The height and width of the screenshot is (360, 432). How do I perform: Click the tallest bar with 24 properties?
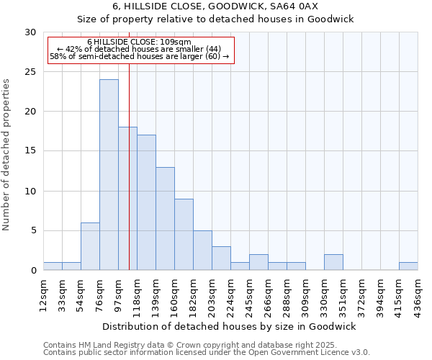109,175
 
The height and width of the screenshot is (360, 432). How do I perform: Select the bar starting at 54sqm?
90,246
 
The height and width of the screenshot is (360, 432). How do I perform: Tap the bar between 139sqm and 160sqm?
165,219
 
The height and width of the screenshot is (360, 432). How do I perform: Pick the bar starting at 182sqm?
202,251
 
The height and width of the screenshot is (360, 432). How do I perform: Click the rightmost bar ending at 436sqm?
408,266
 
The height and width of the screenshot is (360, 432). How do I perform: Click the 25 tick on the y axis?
31,72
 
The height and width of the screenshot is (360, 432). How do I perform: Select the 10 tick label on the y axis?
31,192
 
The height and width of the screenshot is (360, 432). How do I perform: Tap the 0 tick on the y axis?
33,271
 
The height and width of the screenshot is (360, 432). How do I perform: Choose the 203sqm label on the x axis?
212,295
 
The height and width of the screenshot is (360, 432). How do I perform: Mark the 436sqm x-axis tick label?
418,295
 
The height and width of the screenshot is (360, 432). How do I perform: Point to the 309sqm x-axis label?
306,295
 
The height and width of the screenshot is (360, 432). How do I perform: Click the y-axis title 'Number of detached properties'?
6,156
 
